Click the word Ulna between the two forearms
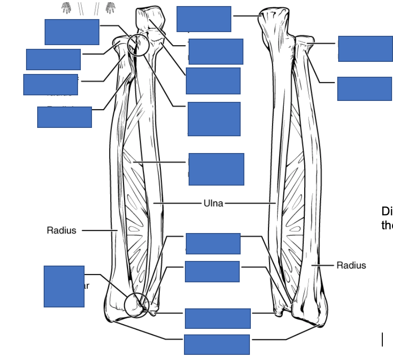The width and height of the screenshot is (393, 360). coord(213,203)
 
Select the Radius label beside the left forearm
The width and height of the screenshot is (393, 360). coord(61,230)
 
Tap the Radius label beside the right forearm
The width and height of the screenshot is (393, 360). coord(351,265)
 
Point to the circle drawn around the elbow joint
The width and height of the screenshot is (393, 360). coord(138,45)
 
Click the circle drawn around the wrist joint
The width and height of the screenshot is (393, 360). coord(137,305)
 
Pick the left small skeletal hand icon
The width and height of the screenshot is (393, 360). coord(67,8)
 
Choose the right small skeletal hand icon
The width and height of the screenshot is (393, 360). coord(110,8)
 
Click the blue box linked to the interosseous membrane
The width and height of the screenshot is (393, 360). coord(216,169)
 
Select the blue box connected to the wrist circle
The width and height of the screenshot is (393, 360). coord(64,286)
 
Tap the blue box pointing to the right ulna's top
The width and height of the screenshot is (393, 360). coord(203,19)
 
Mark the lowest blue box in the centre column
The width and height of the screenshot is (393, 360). coord(216,344)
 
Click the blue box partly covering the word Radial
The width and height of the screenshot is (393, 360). coord(64,117)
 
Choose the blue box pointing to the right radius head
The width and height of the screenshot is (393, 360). coord(365,48)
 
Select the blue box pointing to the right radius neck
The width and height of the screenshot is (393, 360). coord(364,88)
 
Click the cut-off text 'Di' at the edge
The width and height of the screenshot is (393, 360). coord(387,211)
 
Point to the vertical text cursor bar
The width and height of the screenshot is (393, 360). coord(383,340)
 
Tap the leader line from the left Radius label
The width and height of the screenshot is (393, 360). coord(99,230)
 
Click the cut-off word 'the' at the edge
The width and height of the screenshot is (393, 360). coord(387,225)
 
